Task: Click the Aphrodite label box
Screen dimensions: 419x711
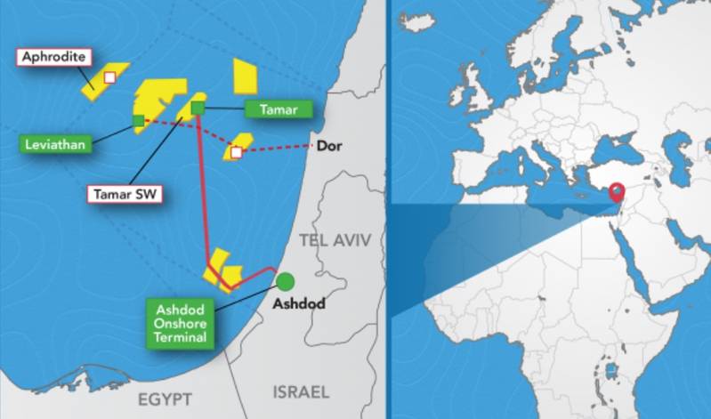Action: click(x=54, y=58)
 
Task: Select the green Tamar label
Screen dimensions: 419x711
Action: click(x=279, y=110)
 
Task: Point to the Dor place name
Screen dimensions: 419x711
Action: click(x=329, y=144)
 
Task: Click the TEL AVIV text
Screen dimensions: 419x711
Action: click(x=335, y=240)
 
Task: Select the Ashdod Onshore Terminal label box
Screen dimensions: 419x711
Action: click(x=182, y=324)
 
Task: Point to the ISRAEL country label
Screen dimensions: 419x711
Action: click(x=300, y=391)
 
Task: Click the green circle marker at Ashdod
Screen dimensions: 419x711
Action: click(x=285, y=282)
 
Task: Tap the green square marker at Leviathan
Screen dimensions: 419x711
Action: click(x=138, y=120)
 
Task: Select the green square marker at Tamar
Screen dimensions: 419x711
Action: click(x=198, y=108)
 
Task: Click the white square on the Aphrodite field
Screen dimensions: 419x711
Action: click(x=110, y=78)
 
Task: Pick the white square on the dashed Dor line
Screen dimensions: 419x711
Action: click(x=236, y=152)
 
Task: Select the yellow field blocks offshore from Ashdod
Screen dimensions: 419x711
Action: click(x=222, y=274)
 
